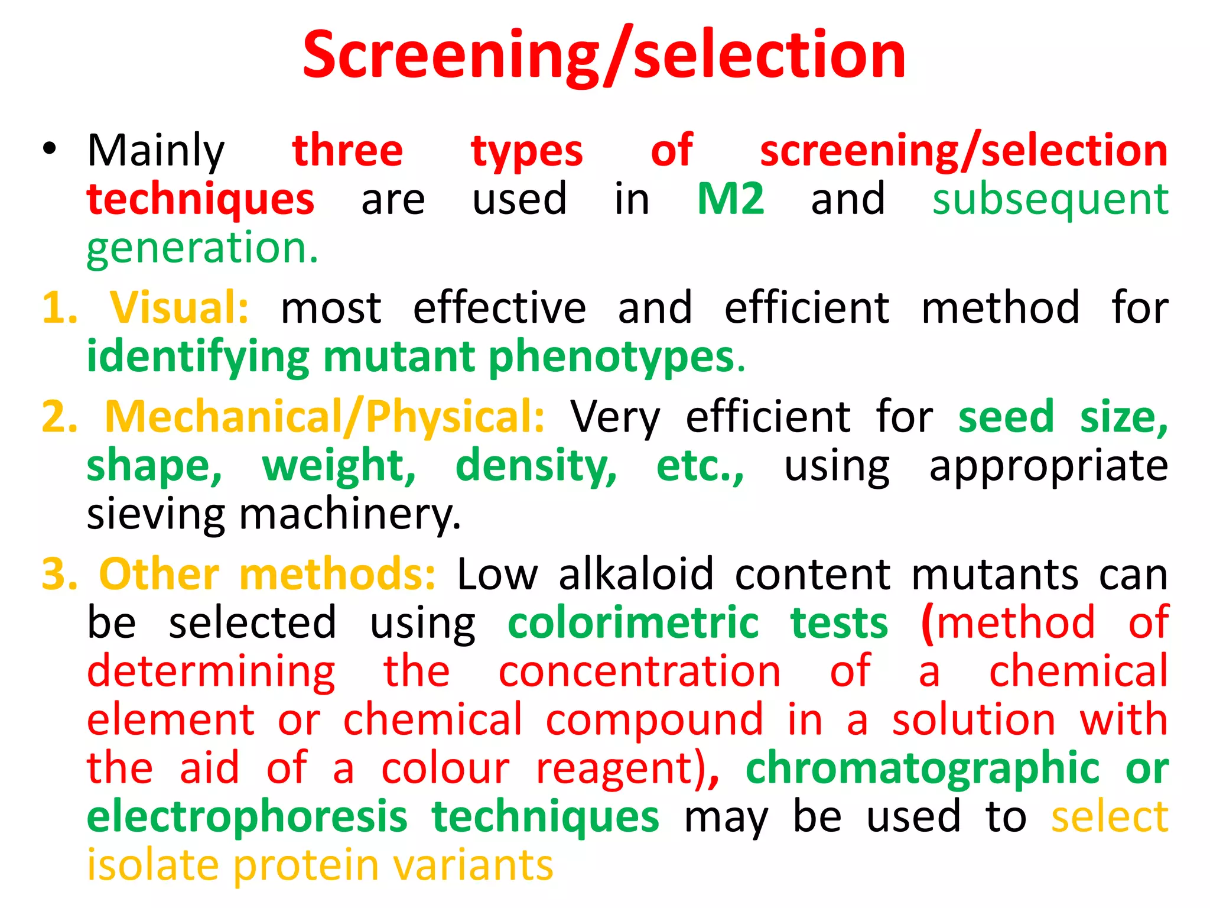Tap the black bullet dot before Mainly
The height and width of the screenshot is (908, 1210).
click(50, 149)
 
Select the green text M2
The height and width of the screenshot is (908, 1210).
click(730, 199)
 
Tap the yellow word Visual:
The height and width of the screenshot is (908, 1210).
click(180, 307)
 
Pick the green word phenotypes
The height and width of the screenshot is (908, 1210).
click(611, 357)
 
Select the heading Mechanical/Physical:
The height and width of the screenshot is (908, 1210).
click(324, 417)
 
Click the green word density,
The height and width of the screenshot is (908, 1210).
click(536, 466)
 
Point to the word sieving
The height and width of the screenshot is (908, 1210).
click(155, 514)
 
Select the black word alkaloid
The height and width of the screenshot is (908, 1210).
click(636, 574)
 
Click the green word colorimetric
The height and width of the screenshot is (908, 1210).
click(633, 622)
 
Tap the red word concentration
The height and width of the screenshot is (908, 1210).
click(639, 671)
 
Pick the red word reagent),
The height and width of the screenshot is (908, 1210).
click(627, 768)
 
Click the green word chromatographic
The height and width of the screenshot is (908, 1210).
click(922, 768)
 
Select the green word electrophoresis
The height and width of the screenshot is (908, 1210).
click(247, 817)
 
